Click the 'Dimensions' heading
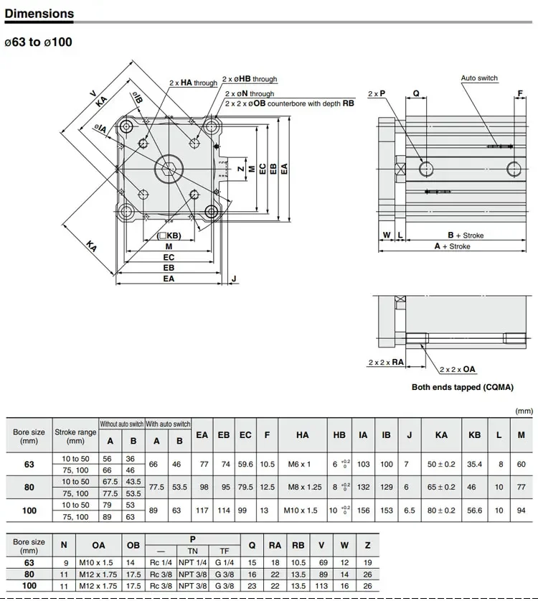pos(39,14)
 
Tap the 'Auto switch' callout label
pos(479,78)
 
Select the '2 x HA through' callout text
pos(194,83)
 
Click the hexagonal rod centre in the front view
pos(168,168)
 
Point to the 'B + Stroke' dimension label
pos(466,236)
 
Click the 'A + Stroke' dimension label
pos(452,246)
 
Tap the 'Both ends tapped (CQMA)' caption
pos(462,387)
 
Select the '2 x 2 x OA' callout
pos(457,370)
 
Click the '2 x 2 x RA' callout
pos(386,362)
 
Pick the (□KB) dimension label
pos(169,236)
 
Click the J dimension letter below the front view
pos(234,279)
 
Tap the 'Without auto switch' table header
pos(122,424)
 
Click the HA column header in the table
pos(302,435)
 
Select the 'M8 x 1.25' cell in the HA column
pos(305,487)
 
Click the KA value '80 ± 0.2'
pos(441,510)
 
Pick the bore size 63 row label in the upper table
pos(29,464)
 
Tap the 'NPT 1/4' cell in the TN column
pos(193,563)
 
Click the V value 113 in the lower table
pos(321,586)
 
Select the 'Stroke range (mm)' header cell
pos(75,436)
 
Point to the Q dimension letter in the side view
pos(416,93)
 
